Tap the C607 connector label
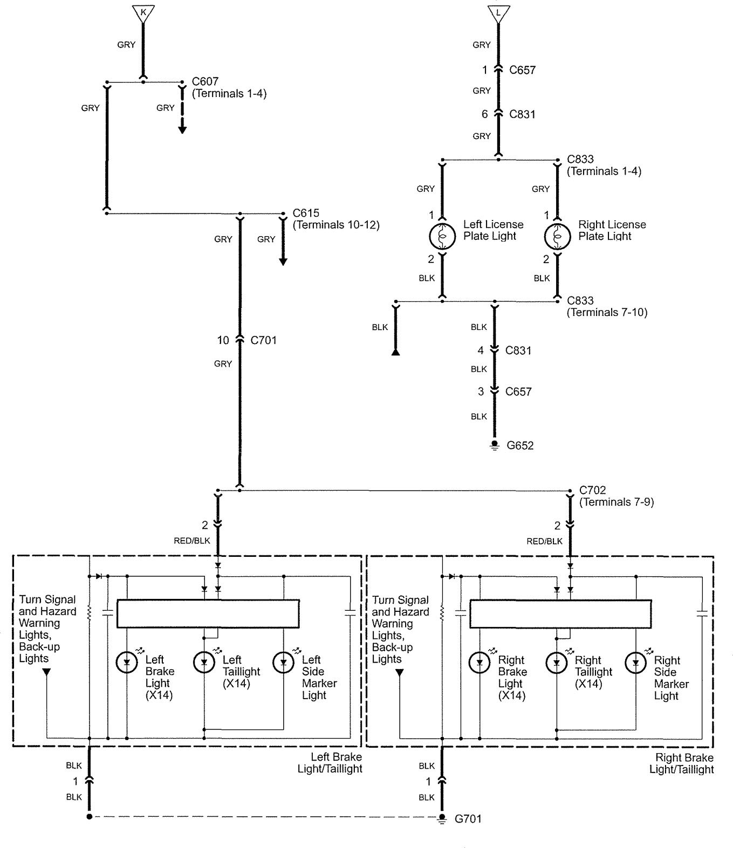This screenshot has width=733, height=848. pos(205,81)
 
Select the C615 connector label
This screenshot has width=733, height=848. pos(306,213)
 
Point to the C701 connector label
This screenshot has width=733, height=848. pos(264,340)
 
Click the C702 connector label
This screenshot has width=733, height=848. pos(593,490)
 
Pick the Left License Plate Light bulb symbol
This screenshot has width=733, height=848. pos(442,236)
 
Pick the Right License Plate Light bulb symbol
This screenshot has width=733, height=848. pos(557,236)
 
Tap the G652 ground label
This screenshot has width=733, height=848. pos(520,445)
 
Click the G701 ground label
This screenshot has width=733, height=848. pos(468,819)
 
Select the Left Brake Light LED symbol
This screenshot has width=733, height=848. pos(127,663)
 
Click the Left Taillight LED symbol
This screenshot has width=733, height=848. pos(204,663)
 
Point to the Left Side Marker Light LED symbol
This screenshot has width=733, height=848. pos(283,663)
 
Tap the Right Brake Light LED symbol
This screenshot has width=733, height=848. pos(480,663)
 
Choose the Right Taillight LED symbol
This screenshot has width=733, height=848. pos(557,663)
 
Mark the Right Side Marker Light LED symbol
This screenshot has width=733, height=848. pos(636,663)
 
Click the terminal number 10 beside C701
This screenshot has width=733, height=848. pos(223,340)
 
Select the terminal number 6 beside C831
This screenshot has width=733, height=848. pos(484,114)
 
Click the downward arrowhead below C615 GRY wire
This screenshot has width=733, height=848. pos(283,262)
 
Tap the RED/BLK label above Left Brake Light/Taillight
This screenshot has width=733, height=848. pos(192,540)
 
